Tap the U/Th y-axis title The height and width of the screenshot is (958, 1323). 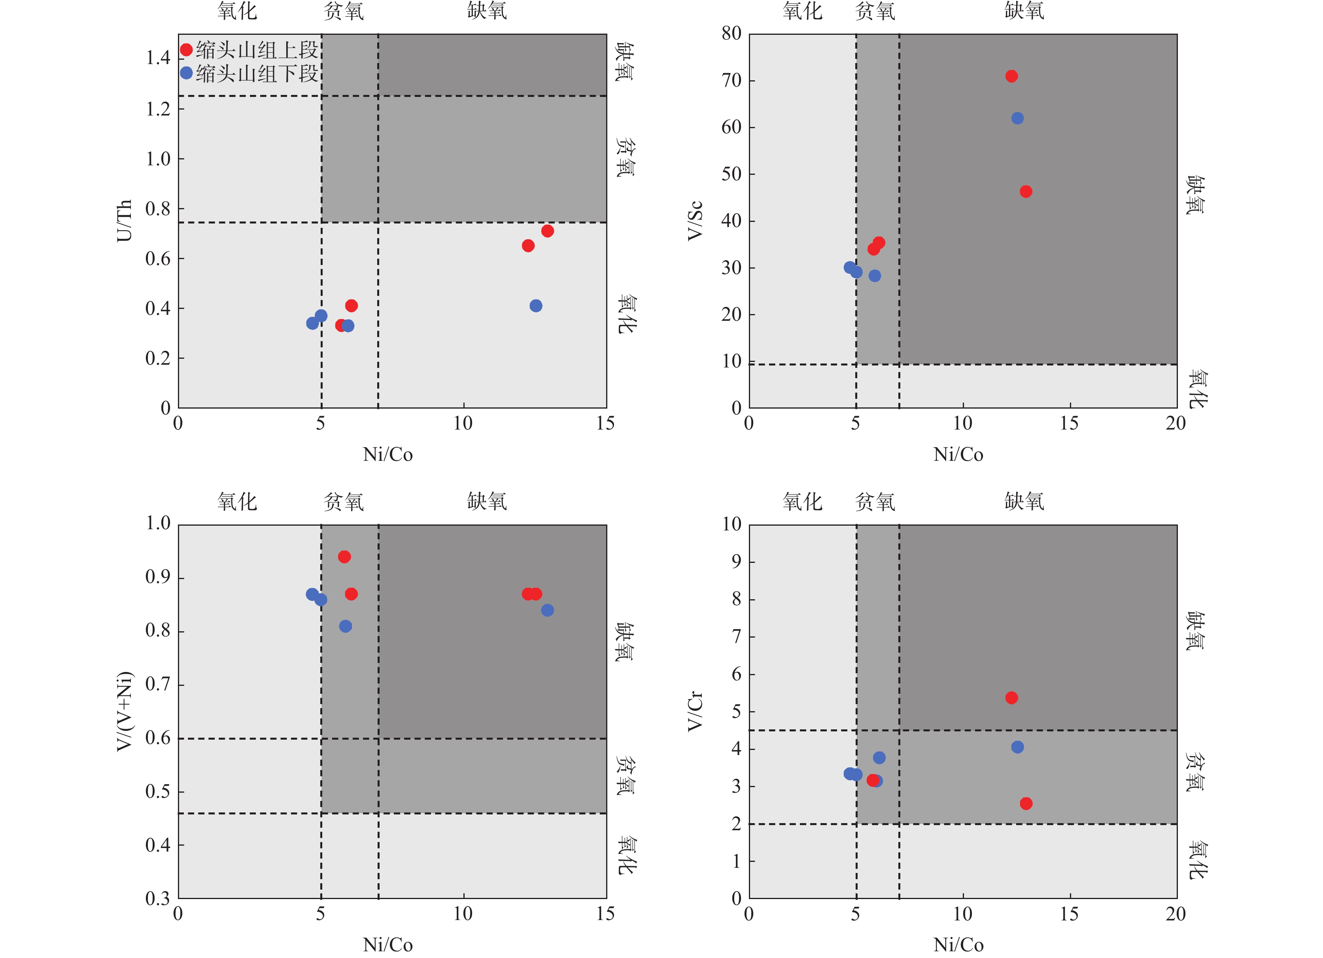coord(124,221)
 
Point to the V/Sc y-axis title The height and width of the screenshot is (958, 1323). coord(695,221)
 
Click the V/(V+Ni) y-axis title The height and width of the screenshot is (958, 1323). coord(124,712)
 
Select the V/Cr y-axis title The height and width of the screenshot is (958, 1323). coord(695,712)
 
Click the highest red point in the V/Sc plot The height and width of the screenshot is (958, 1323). coord(1011,76)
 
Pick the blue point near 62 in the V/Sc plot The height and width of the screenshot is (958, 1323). coord(1017,118)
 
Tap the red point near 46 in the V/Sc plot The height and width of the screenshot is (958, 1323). coord(1026,191)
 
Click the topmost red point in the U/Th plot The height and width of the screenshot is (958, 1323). coord(547,231)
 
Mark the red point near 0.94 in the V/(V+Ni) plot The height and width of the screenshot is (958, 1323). coord(344,557)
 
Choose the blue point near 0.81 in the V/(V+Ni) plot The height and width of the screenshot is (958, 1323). coord(345,626)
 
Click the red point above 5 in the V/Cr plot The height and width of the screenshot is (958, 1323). coord(1011,698)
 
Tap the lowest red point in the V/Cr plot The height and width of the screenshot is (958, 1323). coord(1026,803)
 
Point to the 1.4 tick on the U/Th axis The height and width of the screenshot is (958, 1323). coord(157,59)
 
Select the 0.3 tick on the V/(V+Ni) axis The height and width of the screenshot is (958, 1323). coord(157,898)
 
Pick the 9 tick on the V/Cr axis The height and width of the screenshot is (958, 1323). coord(736,562)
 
